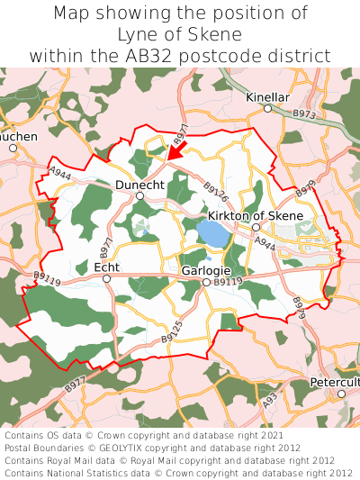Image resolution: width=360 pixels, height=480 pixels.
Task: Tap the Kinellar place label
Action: coord(267,95)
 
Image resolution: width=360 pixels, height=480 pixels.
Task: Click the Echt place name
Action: coord(106,267)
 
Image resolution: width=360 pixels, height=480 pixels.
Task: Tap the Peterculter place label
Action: coord(335,382)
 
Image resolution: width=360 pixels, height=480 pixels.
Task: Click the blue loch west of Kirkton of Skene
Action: coord(213,235)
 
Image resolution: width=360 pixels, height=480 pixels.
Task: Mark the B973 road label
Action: coord(304,114)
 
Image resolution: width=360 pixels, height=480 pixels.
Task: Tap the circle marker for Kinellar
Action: coord(267,108)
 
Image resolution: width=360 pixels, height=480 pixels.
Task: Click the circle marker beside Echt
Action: coord(106,279)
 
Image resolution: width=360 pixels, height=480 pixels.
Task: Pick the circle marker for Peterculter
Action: coord(341,394)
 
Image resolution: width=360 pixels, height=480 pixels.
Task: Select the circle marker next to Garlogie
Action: coord(205,283)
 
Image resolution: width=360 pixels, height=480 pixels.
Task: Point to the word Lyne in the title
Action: coord(136,34)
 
